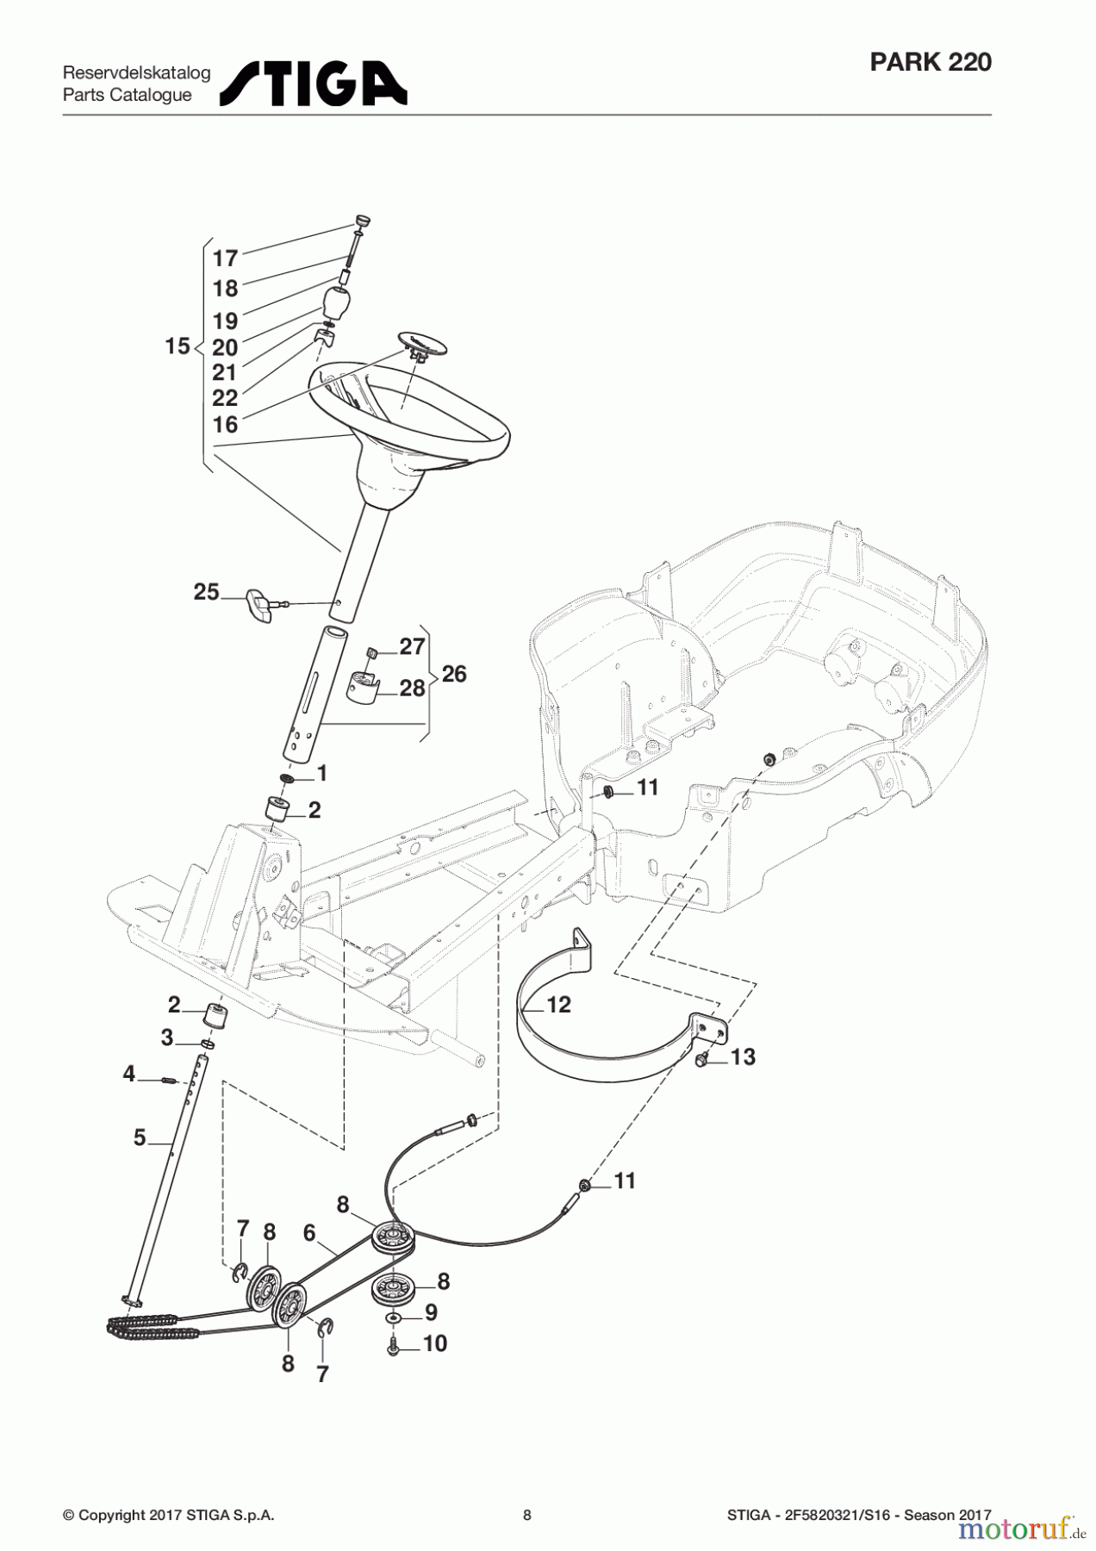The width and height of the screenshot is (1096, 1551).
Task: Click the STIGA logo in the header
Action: tap(314, 84)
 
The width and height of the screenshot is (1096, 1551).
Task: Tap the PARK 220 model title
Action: tap(931, 62)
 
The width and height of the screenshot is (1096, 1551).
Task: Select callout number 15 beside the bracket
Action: tap(177, 346)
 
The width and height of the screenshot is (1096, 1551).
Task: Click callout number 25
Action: tap(206, 592)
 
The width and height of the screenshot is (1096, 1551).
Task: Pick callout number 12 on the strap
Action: tap(558, 1005)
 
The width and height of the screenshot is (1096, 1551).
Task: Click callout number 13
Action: tap(743, 1056)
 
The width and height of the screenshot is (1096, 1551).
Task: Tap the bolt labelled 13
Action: tap(701, 1060)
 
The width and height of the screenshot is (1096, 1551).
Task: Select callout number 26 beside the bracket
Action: tap(453, 674)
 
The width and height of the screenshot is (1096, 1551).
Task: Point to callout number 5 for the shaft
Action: tap(140, 1137)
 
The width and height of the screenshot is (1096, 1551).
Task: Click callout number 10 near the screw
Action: tap(435, 1343)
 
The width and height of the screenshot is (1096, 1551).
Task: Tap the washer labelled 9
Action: tap(394, 1318)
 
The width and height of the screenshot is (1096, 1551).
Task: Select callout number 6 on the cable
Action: tap(309, 1233)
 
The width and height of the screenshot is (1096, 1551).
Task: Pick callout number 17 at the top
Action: tap(225, 258)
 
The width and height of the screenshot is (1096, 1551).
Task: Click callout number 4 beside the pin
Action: tap(129, 1074)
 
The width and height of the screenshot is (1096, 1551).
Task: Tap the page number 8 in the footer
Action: tap(527, 1515)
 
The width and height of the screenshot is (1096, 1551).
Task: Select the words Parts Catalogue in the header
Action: tap(128, 95)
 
